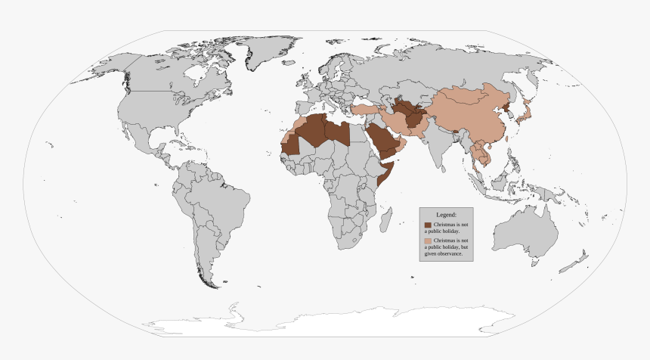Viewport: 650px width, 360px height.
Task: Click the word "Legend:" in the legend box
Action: coord(446,215)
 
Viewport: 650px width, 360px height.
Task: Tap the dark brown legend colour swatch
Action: coord(428,225)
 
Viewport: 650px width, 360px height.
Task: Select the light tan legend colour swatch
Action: coord(428,241)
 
